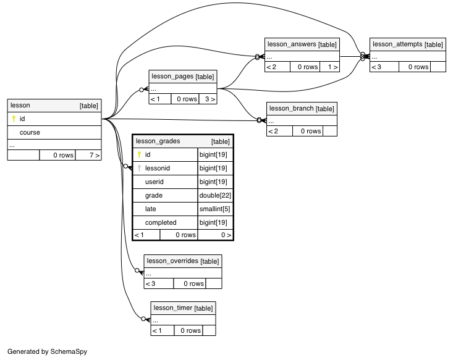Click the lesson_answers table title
(302, 44)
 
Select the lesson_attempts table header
(408, 44)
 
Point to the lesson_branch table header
(302, 109)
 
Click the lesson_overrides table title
(183, 261)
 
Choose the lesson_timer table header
(183, 308)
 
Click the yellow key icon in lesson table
(14, 119)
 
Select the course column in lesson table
(30, 133)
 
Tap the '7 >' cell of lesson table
(88, 156)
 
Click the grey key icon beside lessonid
(139, 168)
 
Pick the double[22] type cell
(215, 196)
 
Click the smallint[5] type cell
(215, 209)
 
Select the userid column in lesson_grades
(155, 182)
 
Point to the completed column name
(161, 222)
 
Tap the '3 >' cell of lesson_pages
(208, 99)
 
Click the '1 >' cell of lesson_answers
(329, 67)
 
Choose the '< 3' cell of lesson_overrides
(159, 283)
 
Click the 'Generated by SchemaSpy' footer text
(48, 351)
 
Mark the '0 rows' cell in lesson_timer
(188, 330)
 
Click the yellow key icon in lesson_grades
(139, 154)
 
